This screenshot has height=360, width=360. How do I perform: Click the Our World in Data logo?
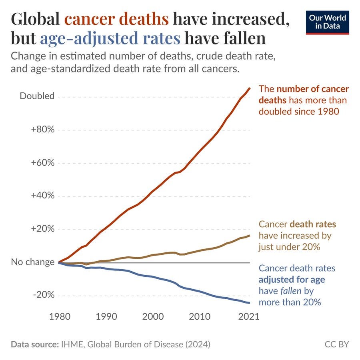click(327, 22)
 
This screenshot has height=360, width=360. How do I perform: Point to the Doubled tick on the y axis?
click(37, 96)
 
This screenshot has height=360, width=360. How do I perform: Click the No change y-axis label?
click(33, 262)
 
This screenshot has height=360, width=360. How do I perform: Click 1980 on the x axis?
click(60, 317)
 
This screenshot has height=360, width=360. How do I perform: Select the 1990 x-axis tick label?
click(106, 317)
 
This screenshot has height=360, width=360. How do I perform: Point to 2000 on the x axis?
click(153, 317)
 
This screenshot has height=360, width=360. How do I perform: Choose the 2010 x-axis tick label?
click(199, 317)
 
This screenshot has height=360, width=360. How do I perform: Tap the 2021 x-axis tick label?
click(249, 317)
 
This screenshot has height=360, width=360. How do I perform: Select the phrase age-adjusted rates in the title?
click(110, 38)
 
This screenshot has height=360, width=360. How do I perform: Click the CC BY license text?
click(337, 344)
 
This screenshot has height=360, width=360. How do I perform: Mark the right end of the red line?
click(250, 88)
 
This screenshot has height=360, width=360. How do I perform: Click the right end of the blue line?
click(250, 303)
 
